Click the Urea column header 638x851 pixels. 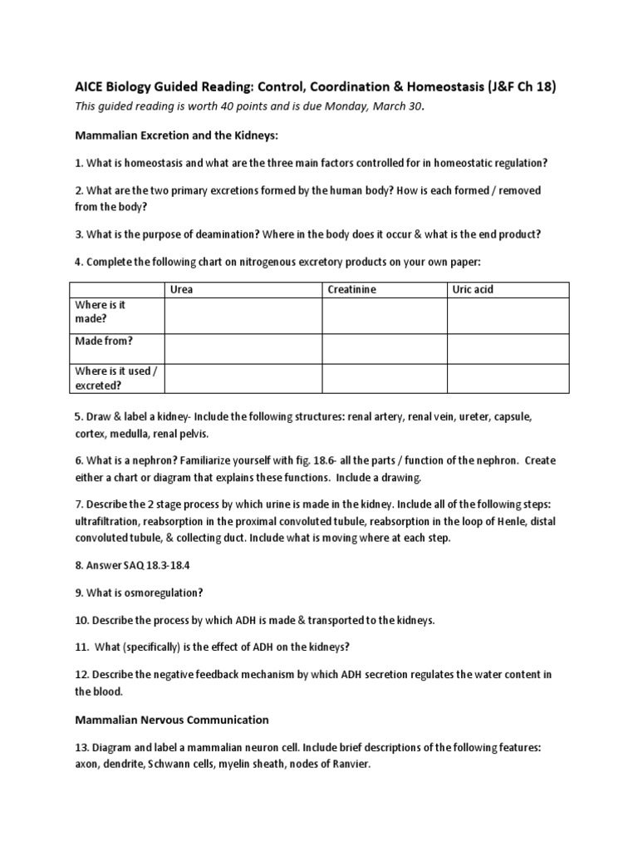coord(182,289)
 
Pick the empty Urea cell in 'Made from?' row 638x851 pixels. coord(243,348)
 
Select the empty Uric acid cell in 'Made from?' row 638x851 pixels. coord(508,348)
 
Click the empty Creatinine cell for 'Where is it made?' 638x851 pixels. coord(385,316)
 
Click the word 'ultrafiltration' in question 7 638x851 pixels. coord(107,522)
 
